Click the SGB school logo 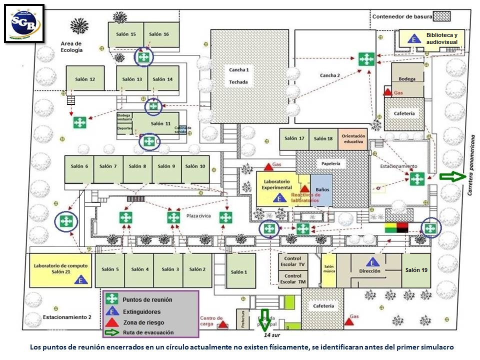[24, 23]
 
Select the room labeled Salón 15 [126, 34]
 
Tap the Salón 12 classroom [85, 78]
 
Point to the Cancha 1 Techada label [238, 75]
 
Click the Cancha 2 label [330, 75]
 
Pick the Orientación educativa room [353, 139]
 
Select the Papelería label [330, 163]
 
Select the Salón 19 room [416, 270]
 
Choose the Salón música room [328, 270]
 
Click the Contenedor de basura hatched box [441, 16]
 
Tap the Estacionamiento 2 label [67, 317]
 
